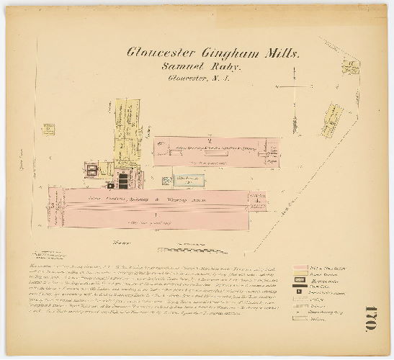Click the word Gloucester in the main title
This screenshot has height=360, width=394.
click(x=156, y=52)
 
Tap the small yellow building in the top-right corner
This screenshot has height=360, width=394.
click(x=349, y=68)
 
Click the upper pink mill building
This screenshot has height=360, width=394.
click(x=216, y=152)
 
